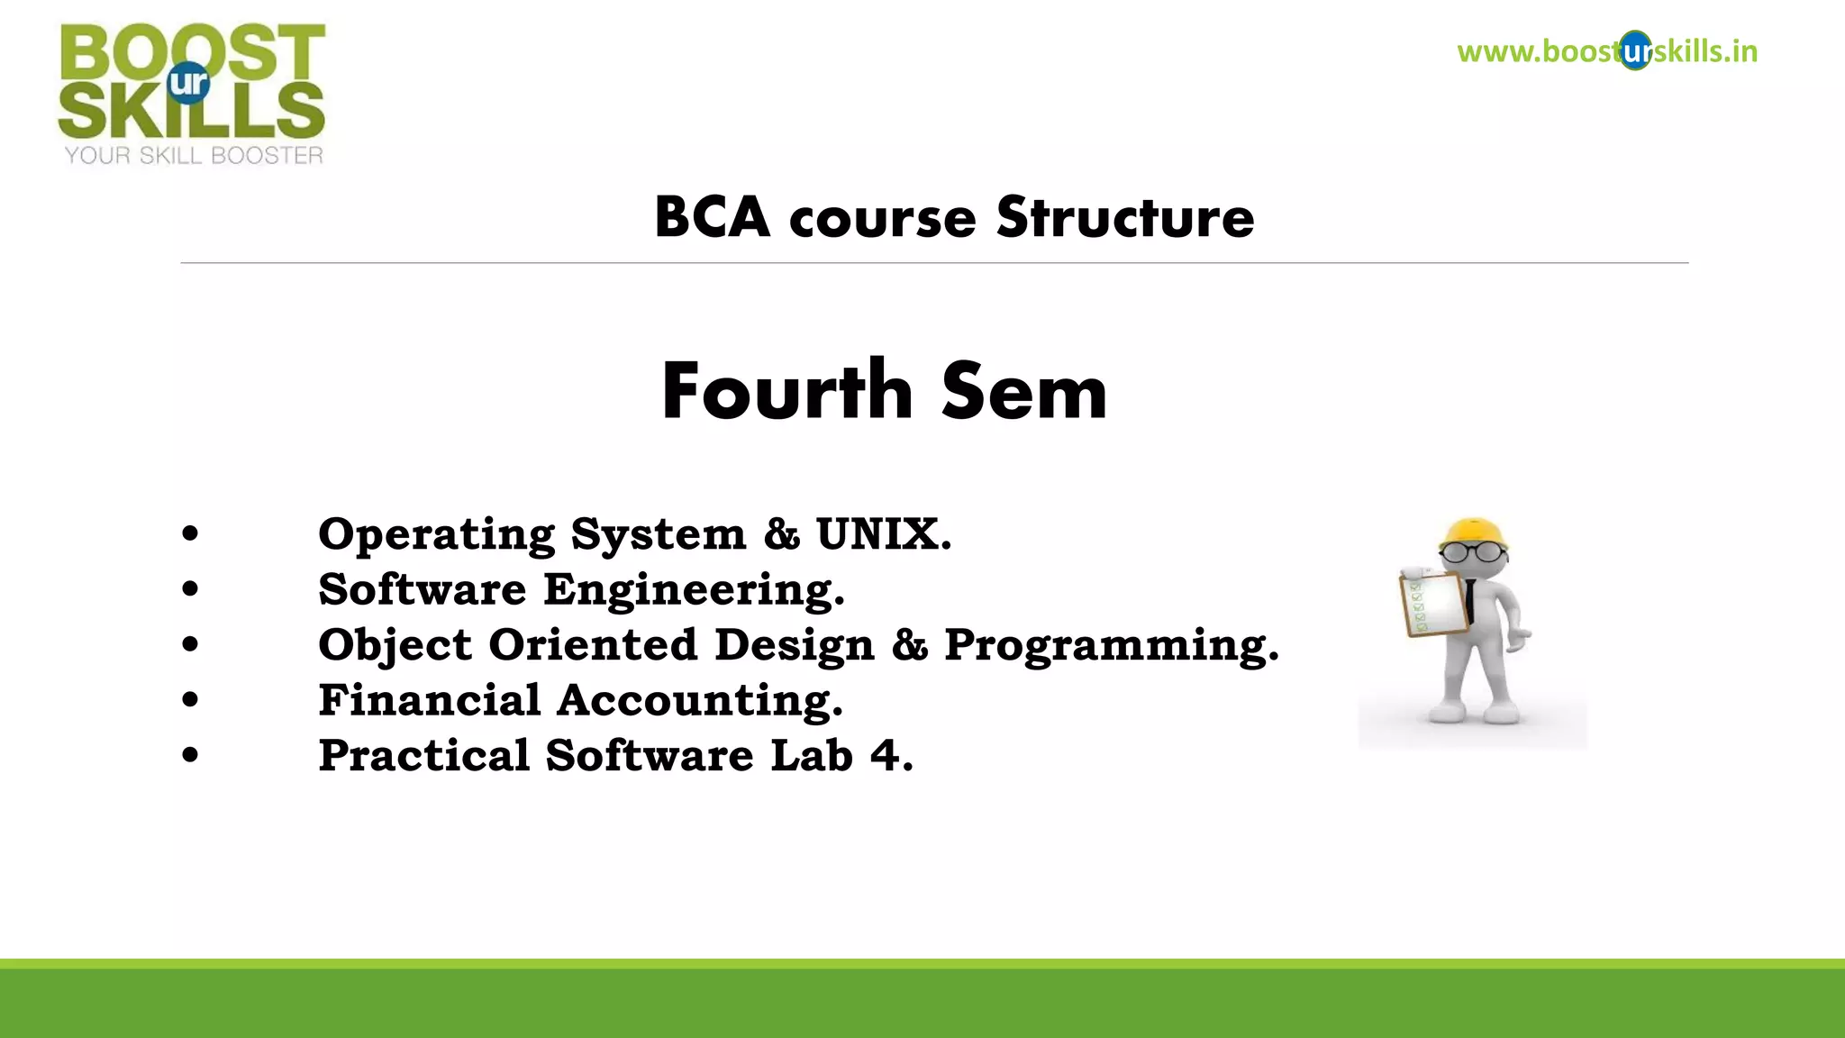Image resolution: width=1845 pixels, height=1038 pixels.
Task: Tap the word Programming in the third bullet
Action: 1110,645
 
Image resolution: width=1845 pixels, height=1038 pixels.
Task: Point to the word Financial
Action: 429,700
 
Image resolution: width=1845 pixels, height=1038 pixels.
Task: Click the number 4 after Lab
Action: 886,755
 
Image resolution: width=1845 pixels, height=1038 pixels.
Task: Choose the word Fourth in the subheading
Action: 786,391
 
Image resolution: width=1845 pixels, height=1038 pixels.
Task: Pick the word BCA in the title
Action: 712,218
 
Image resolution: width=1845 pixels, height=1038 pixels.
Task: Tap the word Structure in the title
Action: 1124,218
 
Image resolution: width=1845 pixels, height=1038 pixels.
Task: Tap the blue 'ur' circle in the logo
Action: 188,83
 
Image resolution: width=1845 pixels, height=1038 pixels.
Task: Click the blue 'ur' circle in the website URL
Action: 1635,51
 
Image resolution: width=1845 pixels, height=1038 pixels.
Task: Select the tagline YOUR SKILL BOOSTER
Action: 193,156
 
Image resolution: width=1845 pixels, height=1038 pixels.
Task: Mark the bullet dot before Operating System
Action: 189,534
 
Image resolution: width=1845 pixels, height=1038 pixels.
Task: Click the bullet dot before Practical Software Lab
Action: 189,755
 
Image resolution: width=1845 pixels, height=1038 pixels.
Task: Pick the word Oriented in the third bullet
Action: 593,645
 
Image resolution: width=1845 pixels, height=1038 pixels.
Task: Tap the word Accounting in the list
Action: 700,700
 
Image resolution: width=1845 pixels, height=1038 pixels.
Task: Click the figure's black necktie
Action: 1469,598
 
